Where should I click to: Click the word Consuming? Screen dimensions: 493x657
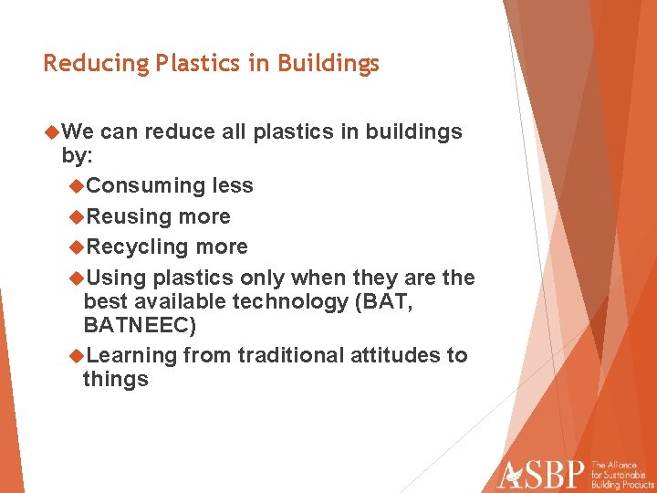coord(146,186)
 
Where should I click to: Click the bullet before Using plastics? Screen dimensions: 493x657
coord(77,278)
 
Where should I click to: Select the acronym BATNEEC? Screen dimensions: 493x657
coord(139,325)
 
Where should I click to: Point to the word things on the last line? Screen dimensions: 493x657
coord(115,379)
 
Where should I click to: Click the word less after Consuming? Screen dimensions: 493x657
coord(233,186)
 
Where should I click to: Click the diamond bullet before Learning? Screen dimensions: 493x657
coord(77,355)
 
